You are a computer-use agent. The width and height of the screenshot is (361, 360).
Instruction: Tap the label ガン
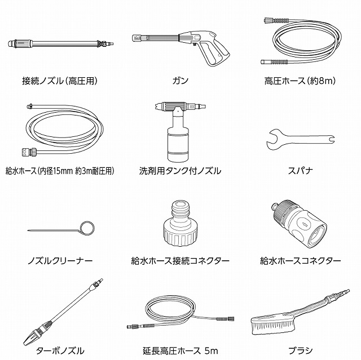pos(180,81)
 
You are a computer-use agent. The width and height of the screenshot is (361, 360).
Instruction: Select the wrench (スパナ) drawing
pos(300,140)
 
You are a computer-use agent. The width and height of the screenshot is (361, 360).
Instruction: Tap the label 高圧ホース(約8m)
pos(300,81)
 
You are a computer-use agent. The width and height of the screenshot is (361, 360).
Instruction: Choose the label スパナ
pos(300,171)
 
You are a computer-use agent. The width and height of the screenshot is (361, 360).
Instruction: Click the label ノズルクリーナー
pos(60,261)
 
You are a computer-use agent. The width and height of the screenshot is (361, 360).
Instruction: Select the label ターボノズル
pos(60,351)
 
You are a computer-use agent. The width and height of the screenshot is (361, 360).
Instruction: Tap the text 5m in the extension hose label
pos(211,351)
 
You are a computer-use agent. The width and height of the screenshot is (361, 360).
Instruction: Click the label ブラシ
pos(301,351)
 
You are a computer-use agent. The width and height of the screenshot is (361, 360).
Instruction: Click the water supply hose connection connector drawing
pos(180,223)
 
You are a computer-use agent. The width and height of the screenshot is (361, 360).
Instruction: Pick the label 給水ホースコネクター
pos(300,261)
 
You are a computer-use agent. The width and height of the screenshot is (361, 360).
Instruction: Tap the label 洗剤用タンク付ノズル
pos(180,171)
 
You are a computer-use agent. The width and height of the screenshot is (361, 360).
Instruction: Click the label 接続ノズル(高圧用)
pos(60,81)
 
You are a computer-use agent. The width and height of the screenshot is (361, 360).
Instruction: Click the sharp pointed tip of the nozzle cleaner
pos(28,230)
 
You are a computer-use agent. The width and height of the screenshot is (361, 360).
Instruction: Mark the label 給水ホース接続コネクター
pos(180,261)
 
